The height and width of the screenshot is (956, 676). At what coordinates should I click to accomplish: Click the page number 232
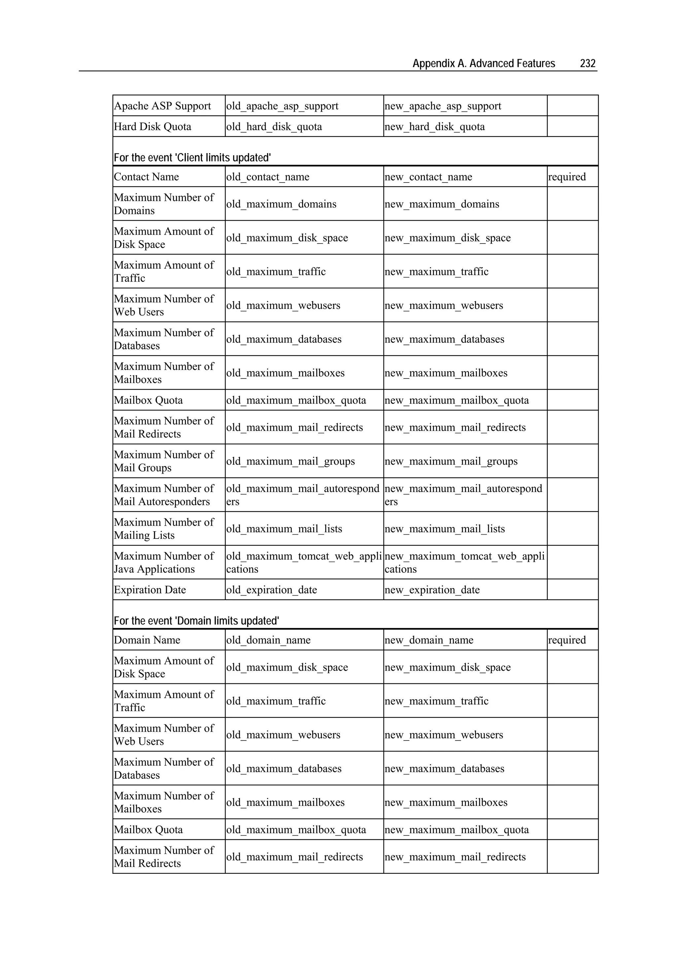(587, 63)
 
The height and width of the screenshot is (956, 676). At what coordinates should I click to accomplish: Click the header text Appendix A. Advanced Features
(484, 63)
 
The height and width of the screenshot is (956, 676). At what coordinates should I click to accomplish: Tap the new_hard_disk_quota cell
(434, 127)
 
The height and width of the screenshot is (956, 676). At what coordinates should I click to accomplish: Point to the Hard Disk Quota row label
(152, 127)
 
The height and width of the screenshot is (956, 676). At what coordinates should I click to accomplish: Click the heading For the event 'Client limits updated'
(192, 158)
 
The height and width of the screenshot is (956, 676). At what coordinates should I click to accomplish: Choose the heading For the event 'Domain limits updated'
(196, 621)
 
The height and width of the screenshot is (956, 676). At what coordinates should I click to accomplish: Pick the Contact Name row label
(146, 177)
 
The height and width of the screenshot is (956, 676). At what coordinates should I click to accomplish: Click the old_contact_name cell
(267, 177)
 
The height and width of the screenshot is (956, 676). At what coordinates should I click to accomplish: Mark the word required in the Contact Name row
(566, 177)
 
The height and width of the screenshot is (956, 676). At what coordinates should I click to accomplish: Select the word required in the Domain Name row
(566, 640)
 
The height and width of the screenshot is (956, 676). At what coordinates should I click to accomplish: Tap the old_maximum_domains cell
(281, 204)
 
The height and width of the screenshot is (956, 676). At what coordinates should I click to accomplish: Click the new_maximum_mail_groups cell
(451, 461)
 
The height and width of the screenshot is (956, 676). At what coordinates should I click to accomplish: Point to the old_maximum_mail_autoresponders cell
(302, 495)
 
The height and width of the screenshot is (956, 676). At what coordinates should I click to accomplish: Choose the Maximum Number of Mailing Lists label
(164, 528)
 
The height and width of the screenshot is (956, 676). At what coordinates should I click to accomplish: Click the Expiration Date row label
(150, 590)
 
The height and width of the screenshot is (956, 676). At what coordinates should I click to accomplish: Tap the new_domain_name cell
(428, 640)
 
